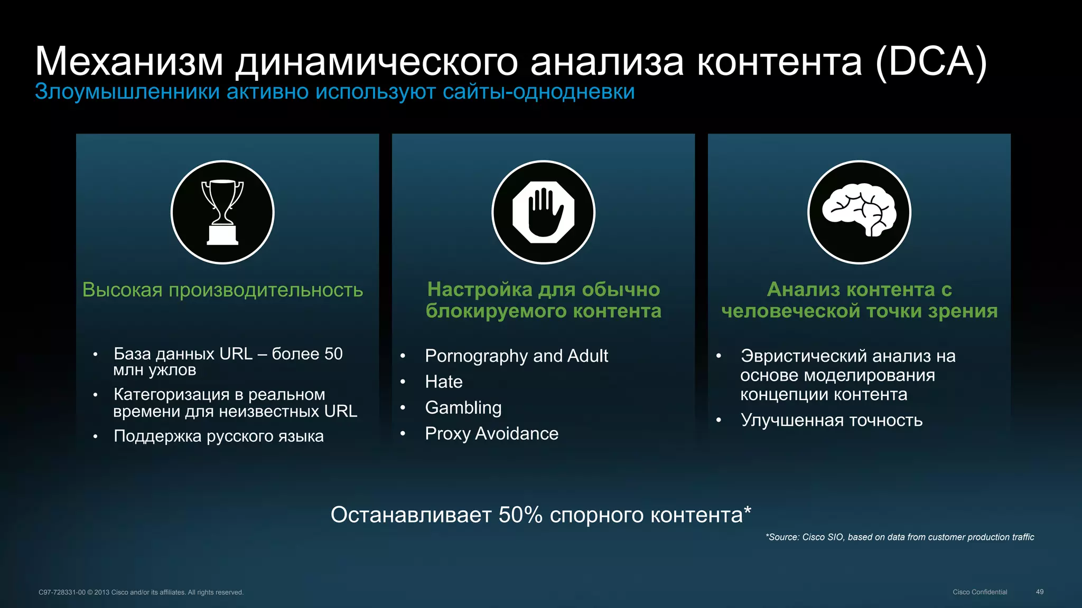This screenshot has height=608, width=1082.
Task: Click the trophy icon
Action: coord(222,212)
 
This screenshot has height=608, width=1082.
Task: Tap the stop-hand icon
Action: coord(543,212)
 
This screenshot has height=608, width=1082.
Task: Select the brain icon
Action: coord(859,212)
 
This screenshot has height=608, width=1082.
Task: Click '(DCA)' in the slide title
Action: coord(931,62)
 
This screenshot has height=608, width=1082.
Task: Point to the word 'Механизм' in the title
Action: coord(129,62)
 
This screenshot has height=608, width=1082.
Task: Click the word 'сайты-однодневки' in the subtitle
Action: coord(538,92)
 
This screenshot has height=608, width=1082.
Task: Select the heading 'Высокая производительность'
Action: coord(222,290)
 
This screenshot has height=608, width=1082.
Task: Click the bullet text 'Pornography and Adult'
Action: coord(516,356)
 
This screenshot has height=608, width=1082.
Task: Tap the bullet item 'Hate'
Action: coord(443,382)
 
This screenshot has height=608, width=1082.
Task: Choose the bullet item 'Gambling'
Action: coord(463,407)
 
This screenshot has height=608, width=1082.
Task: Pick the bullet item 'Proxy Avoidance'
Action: coord(491,433)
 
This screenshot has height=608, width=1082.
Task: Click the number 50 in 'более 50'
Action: coord(333,354)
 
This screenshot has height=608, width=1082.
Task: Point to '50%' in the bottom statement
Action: coord(520,515)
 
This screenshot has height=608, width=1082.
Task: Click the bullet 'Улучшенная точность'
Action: coord(831,420)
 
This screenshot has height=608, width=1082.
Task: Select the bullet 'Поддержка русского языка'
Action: coord(218,436)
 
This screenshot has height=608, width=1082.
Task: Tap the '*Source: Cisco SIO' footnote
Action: coord(899,537)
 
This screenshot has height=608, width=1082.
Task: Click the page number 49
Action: coord(1039,592)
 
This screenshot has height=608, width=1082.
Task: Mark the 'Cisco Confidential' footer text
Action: coord(980,592)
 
